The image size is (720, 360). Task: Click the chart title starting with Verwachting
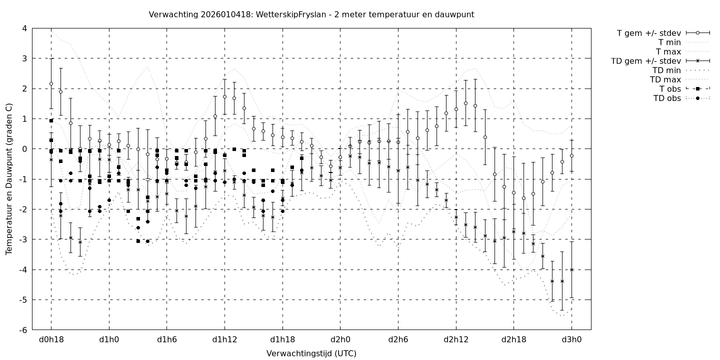[x=311, y=14]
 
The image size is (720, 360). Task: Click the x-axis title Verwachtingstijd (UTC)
[x=311, y=353]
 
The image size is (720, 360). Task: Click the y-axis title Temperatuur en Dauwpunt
[x=9, y=179]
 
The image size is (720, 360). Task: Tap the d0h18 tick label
[x=51, y=340]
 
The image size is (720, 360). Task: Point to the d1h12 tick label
[x=224, y=340]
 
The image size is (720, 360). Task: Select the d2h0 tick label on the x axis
[x=340, y=340]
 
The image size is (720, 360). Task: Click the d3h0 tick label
[x=571, y=340]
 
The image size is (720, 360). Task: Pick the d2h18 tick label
[x=513, y=340]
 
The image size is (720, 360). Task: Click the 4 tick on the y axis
[x=24, y=28]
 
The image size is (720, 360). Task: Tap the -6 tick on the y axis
[x=23, y=330]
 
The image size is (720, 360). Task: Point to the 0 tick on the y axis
[x=24, y=149]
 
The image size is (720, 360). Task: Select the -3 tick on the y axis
[x=23, y=239]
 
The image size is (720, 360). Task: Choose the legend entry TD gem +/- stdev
[x=645, y=61]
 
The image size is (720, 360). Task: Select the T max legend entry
[x=669, y=52]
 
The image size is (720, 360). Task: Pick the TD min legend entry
[x=666, y=70]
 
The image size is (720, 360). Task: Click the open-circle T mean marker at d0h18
[x=51, y=84]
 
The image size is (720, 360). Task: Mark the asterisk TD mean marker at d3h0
[x=571, y=269]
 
